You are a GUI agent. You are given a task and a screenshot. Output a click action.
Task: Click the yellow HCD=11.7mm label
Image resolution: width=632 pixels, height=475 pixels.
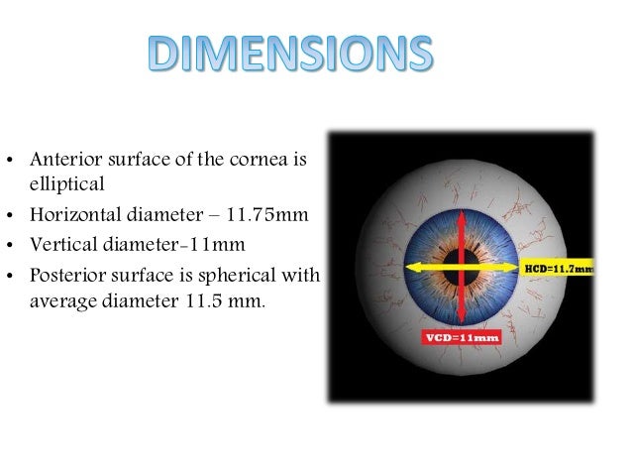point(558,267)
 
